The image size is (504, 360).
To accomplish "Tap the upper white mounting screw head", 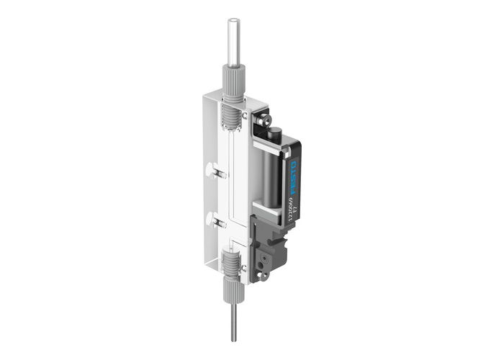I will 212,171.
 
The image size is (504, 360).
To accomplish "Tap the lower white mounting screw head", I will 210,218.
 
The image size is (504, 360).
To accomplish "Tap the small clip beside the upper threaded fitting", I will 246,114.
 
